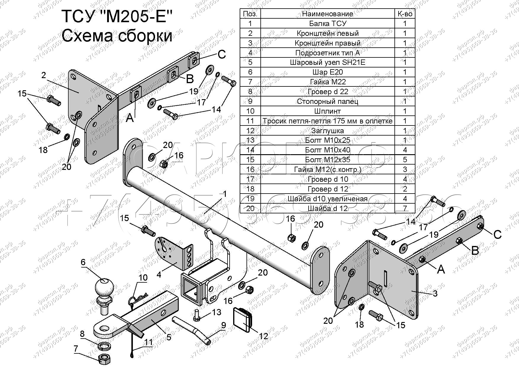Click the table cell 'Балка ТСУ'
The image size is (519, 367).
327,23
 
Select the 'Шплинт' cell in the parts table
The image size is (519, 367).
327,111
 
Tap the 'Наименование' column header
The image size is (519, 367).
327,14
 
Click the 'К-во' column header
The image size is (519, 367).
405,14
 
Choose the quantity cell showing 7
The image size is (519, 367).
405,208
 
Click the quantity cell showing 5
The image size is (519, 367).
405,160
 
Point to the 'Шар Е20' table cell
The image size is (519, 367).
327,72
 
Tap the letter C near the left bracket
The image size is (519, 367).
221,54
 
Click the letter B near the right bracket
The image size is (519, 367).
475,251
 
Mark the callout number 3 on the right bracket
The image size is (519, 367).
435,294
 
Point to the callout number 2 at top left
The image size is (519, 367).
44,75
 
